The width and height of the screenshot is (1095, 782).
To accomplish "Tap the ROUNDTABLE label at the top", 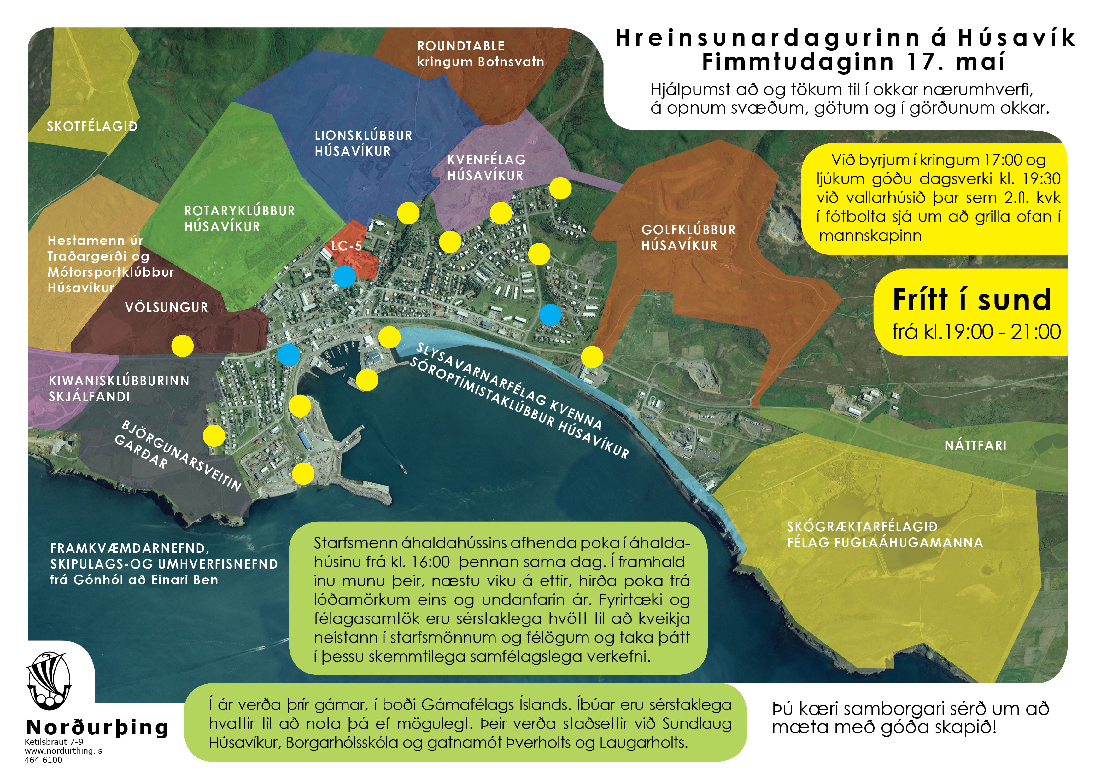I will [x=460, y=46].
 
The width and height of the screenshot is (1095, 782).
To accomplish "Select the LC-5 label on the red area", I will [x=347, y=246].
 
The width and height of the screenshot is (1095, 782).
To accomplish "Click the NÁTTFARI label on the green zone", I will [x=975, y=446].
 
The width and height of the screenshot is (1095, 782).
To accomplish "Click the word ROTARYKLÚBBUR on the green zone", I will [x=239, y=211].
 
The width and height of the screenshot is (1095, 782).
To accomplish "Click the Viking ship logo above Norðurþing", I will [x=48, y=680].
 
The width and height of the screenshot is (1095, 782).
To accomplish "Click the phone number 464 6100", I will [x=43, y=760].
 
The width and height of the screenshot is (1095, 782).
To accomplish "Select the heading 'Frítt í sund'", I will [x=971, y=300].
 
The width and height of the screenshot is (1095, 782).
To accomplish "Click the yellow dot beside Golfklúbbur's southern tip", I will [x=592, y=357].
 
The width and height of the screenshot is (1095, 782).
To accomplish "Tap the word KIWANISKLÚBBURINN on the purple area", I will [x=119, y=381].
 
